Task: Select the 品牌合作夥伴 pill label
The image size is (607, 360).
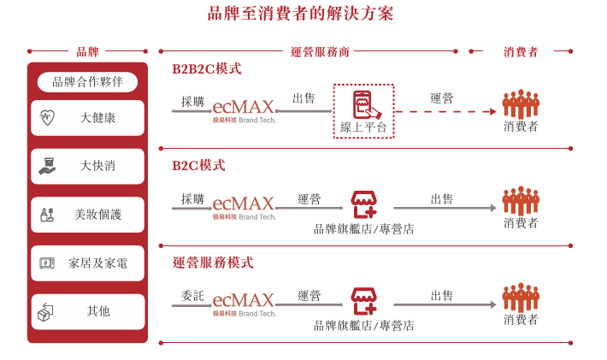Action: (87, 82)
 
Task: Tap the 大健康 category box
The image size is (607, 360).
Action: (87, 118)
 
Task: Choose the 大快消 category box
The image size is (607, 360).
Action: (87, 166)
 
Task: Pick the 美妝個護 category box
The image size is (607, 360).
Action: (87, 215)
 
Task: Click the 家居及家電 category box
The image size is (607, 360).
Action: (87, 263)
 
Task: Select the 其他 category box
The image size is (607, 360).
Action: (87, 312)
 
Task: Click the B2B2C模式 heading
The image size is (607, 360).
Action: (206, 68)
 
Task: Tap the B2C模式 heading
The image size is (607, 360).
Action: (198, 165)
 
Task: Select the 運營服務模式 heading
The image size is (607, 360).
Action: (213, 263)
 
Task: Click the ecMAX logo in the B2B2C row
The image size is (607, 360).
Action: (244, 109)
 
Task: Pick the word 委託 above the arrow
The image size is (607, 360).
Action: (192, 296)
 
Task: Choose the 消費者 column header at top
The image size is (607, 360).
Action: (521, 51)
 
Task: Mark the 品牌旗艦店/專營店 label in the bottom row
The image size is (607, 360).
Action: (363, 326)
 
